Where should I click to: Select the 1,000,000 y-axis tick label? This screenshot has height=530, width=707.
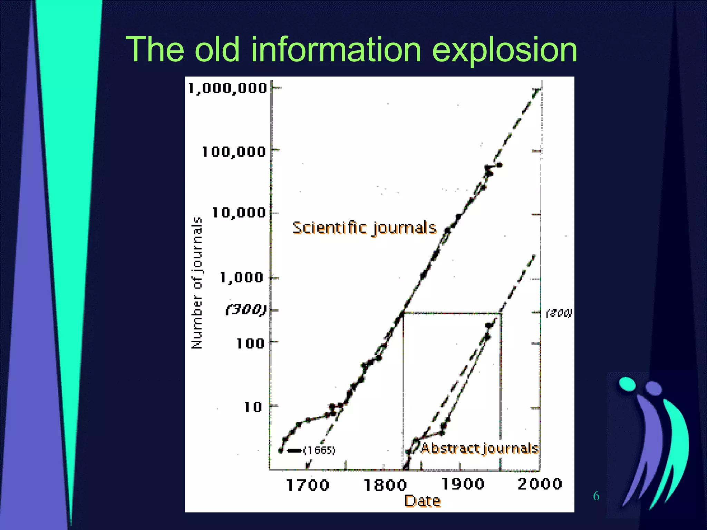(227, 88)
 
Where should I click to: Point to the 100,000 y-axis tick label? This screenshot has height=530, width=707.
(234, 152)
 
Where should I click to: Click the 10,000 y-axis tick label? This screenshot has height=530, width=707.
(239, 213)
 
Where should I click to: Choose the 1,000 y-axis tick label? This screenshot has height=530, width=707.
(242, 277)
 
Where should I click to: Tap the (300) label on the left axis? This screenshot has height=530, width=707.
(246, 310)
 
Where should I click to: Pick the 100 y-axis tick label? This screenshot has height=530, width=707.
(250, 343)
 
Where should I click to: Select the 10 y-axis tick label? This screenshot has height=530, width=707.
(253, 407)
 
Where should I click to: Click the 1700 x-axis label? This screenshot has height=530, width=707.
(308, 485)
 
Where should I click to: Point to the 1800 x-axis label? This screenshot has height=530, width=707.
(385, 485)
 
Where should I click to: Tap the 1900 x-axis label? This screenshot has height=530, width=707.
(463, 484)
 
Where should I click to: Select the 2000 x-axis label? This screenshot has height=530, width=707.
(540, 484)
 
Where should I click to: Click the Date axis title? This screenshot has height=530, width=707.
(423, 501)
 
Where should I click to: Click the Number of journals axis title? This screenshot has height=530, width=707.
(197, 283)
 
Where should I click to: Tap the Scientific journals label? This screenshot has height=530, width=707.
(365, 228)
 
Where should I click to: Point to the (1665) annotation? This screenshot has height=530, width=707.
(319, 450)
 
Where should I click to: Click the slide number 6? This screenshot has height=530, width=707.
(596, 496)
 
